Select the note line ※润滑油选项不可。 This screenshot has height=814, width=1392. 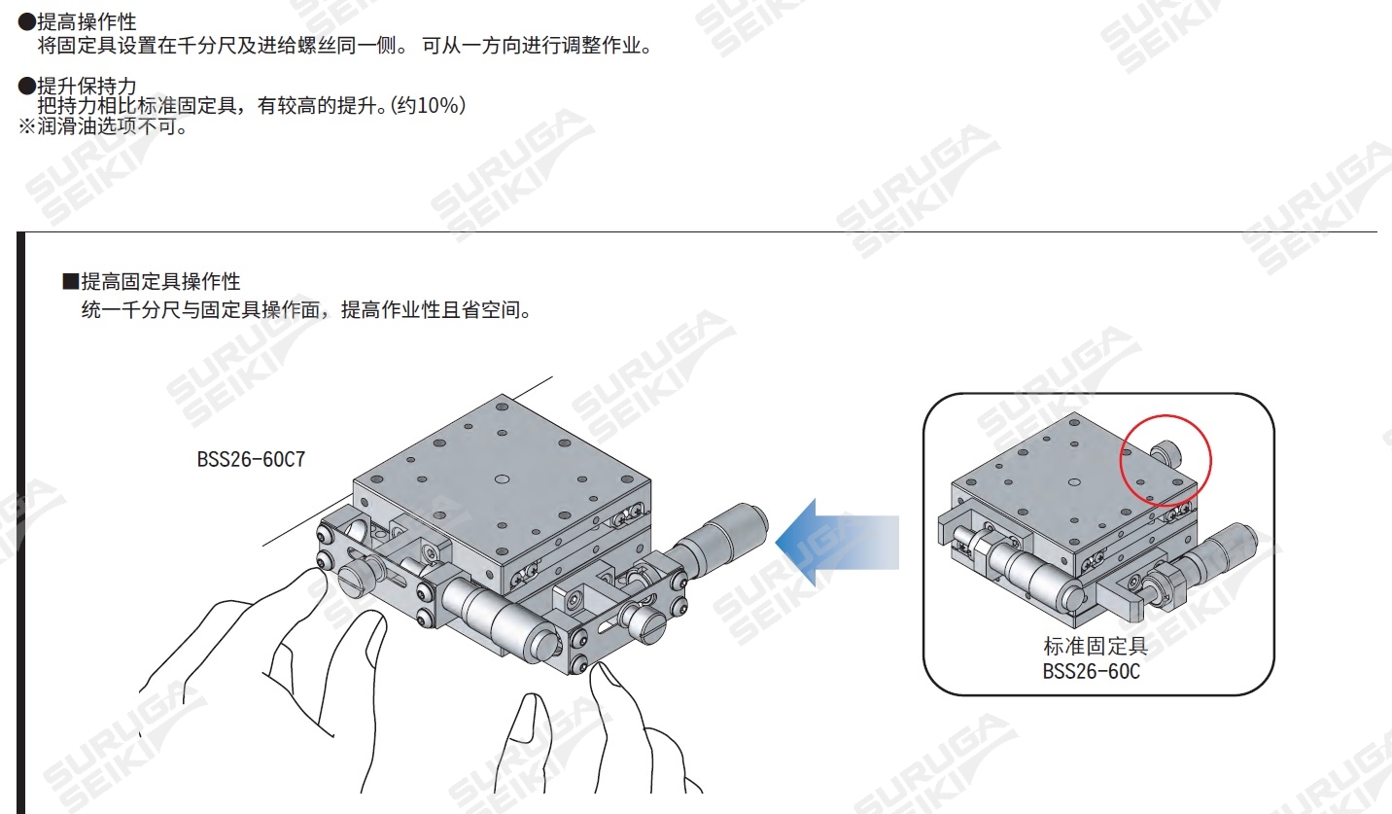(x=102, y=126)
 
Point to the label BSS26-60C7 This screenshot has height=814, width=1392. (x=251, y=459)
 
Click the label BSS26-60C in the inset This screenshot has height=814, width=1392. (x=1091, y=671)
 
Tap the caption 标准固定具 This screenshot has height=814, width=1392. (x=1096, y=647)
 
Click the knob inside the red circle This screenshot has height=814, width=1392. (x=1164, y=452)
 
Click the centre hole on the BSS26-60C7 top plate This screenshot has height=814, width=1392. (x=502, y=479)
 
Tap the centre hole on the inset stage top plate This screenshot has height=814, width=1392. (x=1074, y=482)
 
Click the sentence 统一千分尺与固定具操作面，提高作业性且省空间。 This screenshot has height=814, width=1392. (x=306, y=311)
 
